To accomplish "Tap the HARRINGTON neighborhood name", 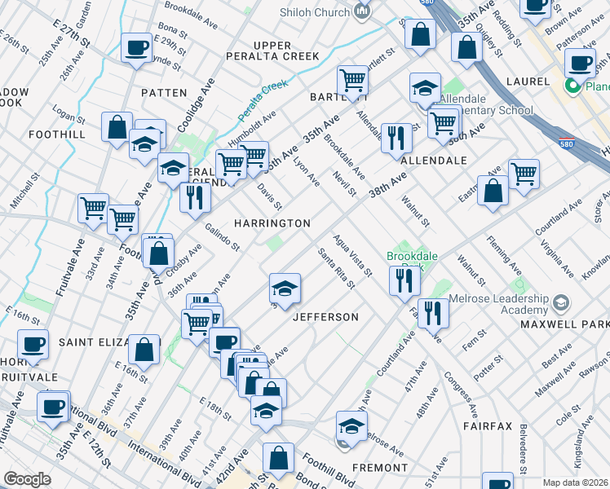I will [x=272, y=223].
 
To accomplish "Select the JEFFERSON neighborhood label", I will [x=325, y=316].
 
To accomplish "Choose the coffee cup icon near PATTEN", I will [x=136, y=47].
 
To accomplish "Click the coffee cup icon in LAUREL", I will [x=581, y=62].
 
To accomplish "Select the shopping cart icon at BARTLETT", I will [x=352, y=80].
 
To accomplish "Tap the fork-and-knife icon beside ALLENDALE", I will [x=396, y=136].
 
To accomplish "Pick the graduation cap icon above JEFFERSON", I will [x=284, y=288].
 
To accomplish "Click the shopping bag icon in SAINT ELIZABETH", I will [x=144, y=349].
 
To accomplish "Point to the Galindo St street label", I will [x=222, y=237].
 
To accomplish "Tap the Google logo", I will [x=27, y=479].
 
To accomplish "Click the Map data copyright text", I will [x=576, y=482].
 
